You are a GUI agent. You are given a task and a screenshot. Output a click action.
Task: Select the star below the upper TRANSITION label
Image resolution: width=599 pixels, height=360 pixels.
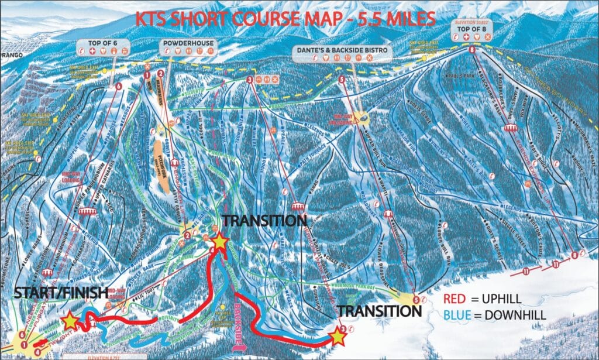(x=219, y=240)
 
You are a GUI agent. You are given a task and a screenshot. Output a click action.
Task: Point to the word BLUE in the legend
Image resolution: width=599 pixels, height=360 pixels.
(x=457, y=316)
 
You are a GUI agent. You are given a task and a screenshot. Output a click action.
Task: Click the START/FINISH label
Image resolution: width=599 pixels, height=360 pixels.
(x=53, y=292)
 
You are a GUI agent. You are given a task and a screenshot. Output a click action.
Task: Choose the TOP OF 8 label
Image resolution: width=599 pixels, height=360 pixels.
(x=471, y=29)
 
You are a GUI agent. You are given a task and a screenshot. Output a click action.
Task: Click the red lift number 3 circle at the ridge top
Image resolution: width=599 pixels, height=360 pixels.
(x=250, y=80)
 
